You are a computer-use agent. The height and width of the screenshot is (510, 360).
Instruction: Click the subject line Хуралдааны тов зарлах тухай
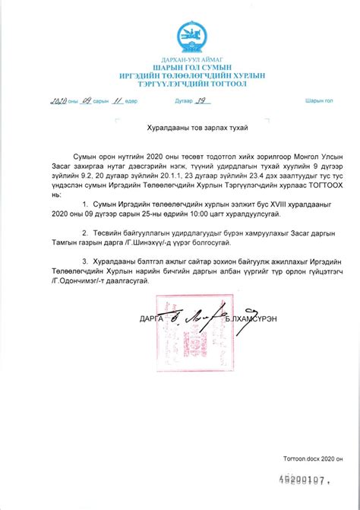179,130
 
